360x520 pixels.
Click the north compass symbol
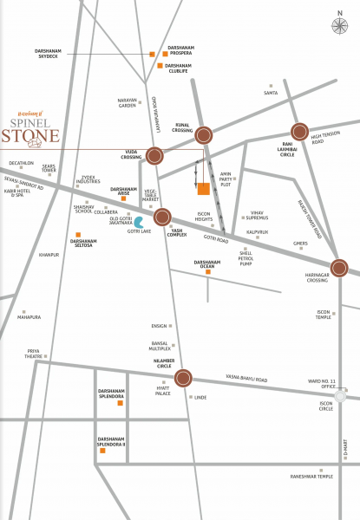coord(338,25)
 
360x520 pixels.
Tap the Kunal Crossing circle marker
coord(204,134)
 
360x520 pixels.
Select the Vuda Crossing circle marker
coord(154,156)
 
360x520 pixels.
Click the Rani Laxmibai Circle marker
coord(299,132)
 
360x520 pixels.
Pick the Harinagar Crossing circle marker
coord(339,268)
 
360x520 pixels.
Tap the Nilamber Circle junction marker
coord(183,378)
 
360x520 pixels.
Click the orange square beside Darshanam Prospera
coord(153,54)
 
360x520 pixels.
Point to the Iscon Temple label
coord(324,314)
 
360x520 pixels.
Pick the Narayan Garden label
coord(128,103)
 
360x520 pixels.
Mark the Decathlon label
coord(22,163)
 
